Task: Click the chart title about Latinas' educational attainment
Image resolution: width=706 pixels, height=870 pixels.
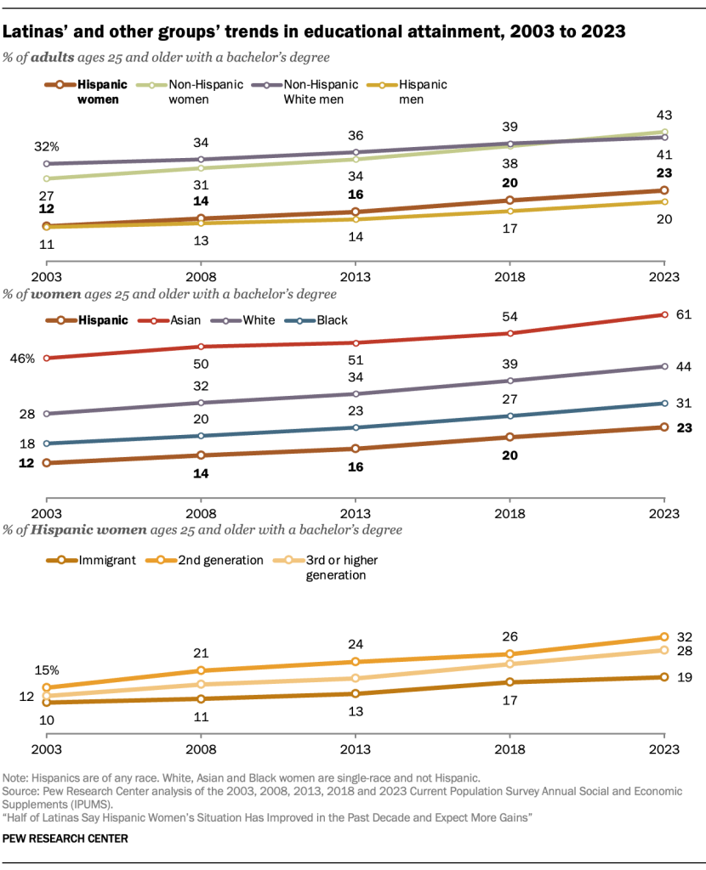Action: [315, 32]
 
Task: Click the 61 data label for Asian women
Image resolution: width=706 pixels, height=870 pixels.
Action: [682, 314]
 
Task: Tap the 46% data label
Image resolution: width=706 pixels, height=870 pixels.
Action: [21, 359]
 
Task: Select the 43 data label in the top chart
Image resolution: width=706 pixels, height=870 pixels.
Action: [664, 114]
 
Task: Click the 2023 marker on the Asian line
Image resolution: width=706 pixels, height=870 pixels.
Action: [664, 314]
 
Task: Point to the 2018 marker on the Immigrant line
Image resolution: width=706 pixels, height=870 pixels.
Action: [510, 682]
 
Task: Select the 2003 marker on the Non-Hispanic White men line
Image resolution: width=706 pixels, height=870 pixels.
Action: [48, 164]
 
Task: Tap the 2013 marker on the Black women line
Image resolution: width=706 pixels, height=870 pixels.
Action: [356, 427]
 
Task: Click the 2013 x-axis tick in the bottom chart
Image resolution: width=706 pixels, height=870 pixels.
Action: [356, 751]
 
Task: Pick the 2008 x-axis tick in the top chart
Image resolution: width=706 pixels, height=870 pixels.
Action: [202, 277]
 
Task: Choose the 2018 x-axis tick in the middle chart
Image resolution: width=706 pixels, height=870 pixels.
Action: [510, 514]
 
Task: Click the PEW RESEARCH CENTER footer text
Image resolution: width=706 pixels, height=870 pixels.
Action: [65, 839]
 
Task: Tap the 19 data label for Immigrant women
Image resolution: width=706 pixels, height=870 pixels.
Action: [682, 678]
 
